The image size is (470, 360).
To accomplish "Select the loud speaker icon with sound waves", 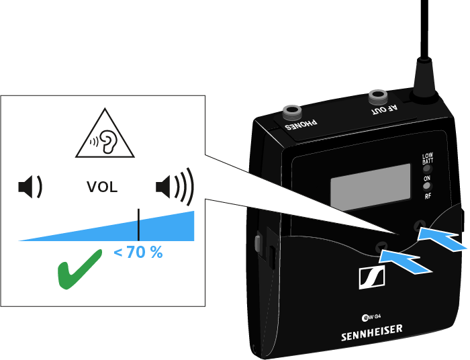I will point(174,186).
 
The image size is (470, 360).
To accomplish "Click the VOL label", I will point(102,187).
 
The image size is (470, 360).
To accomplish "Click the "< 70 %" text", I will point(138,253).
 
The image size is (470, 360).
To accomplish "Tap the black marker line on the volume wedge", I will point(138,224).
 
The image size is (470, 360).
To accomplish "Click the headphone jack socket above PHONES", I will point(293,111).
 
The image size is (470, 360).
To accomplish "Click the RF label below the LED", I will point(426,197).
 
